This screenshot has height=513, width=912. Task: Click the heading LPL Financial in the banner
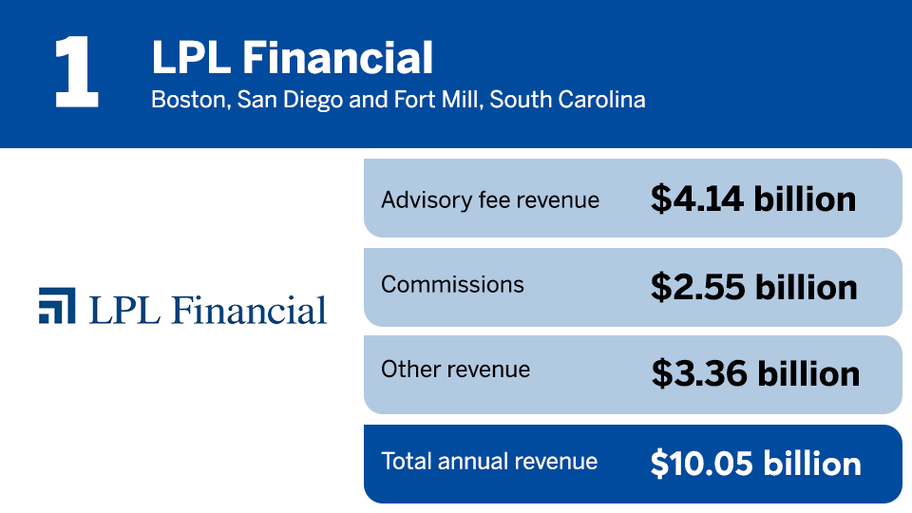coord(292,59)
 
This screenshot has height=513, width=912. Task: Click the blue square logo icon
coord(57,305)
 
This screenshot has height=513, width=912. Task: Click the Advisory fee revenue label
coord(490,200)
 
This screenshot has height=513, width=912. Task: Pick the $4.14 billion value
coord(753,199)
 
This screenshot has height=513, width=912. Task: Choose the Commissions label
coord(452,285)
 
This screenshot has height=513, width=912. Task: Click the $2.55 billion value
coord(753,287)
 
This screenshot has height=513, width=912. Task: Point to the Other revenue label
coord(455,370)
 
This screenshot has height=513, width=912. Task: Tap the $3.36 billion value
coord(755,373)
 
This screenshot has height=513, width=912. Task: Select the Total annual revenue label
coord(489,462)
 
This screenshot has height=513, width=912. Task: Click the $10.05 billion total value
coord(755,464)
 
